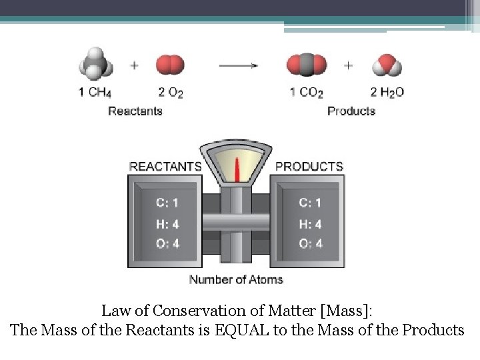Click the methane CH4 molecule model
coord(96,64)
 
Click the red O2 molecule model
coord(169,65)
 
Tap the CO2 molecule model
coord(307,65)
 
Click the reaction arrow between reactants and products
coord(239,65)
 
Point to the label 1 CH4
coord(95,93)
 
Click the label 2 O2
coord(170,93)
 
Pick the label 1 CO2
coord(307,93)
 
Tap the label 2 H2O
coord(387,93)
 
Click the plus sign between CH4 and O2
coord(135,65)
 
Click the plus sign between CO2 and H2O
coord(349,65)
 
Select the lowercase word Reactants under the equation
coord(135,111)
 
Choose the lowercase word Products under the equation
coord(351,111)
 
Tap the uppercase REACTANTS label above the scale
coord(165,166)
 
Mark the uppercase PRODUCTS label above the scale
coord(309,166)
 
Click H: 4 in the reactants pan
coord(167,224)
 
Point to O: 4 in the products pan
coord(311,243)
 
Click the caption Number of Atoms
coord(236,279)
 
